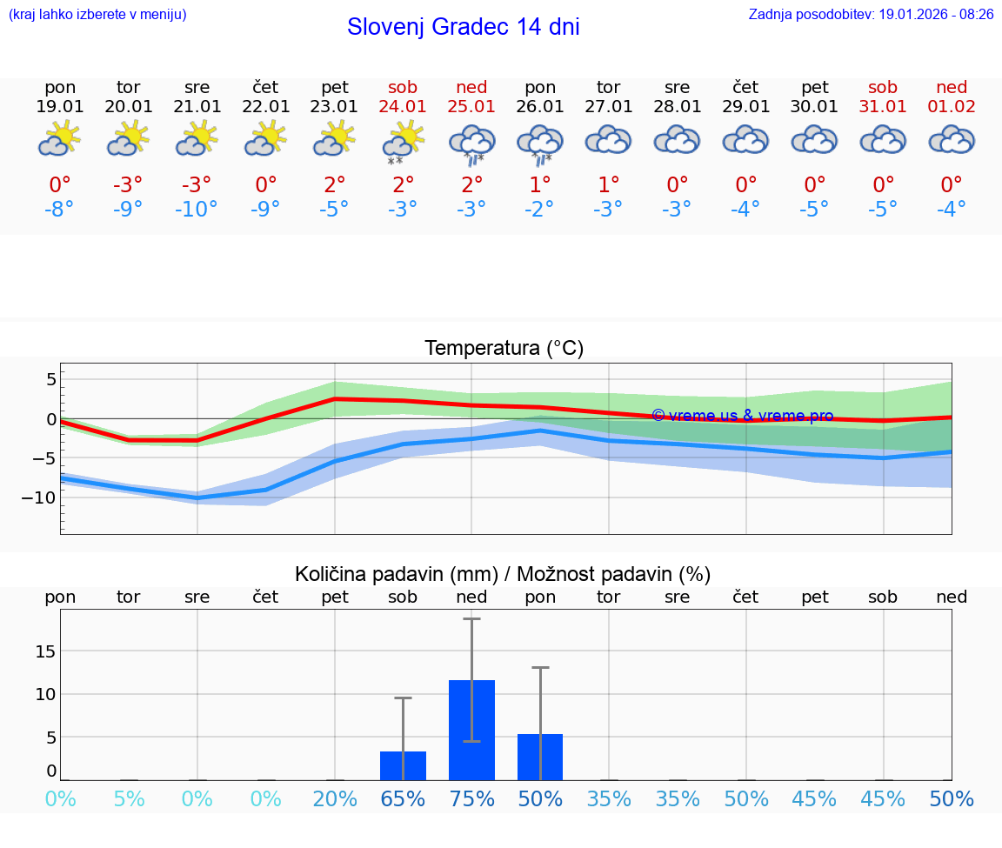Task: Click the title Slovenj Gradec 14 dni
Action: pos(463,27)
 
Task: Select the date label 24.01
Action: pos(403,106)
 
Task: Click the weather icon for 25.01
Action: pos(471,144)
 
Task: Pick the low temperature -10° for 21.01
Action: pos(197,210)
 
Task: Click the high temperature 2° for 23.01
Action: pos(335,184)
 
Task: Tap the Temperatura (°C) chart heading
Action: pos(504,349)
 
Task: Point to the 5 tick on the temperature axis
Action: pos(51,379)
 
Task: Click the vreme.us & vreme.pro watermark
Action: pos(742,416)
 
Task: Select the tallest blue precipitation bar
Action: pos(471,730)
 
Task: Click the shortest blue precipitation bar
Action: pos(403,765)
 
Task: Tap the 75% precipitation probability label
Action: pos(471,799)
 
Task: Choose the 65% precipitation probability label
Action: pos(403,799)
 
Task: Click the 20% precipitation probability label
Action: pos(335,799)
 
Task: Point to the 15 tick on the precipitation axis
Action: pos(45,651)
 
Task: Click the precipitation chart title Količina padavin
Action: pos(396,574)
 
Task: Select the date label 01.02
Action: pos(952,106)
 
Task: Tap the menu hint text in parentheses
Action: pos(97,15)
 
